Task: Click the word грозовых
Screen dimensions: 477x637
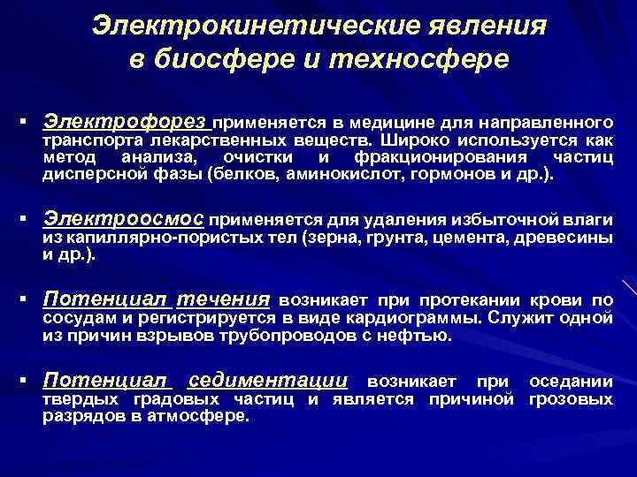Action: [x=571, y=399]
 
